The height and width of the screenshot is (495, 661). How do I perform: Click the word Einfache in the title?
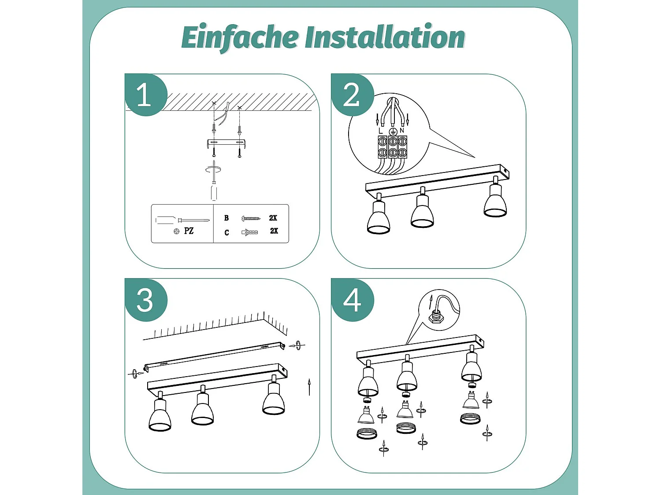point(240,37)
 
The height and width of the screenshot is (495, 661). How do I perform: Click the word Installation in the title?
point(385,37)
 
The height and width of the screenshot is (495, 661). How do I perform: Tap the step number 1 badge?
point(145,95)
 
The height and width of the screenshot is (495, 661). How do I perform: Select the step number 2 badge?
point(352,95)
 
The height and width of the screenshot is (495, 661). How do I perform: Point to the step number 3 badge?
point(145,301)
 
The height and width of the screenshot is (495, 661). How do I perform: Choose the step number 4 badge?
point(352,301)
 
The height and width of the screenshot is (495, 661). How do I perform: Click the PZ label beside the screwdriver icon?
point(189,231)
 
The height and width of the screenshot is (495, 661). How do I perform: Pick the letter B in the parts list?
point(227,218)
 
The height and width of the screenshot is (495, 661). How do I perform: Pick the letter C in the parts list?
point(227,232)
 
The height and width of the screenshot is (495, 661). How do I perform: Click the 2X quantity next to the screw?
point(273,218)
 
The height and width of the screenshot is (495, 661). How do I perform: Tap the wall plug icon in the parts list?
point(249,232)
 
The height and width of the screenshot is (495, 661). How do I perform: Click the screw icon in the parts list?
point(251,218)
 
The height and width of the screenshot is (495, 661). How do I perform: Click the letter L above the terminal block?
point(381,131)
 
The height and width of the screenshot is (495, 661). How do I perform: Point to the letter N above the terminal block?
point(402,130)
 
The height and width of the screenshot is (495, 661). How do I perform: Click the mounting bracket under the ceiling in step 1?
point(226,143)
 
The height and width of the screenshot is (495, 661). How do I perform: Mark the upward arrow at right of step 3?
point(309,386)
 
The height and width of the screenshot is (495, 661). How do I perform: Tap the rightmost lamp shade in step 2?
point(495,203)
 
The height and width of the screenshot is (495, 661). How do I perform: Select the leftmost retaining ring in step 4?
point(367,434)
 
